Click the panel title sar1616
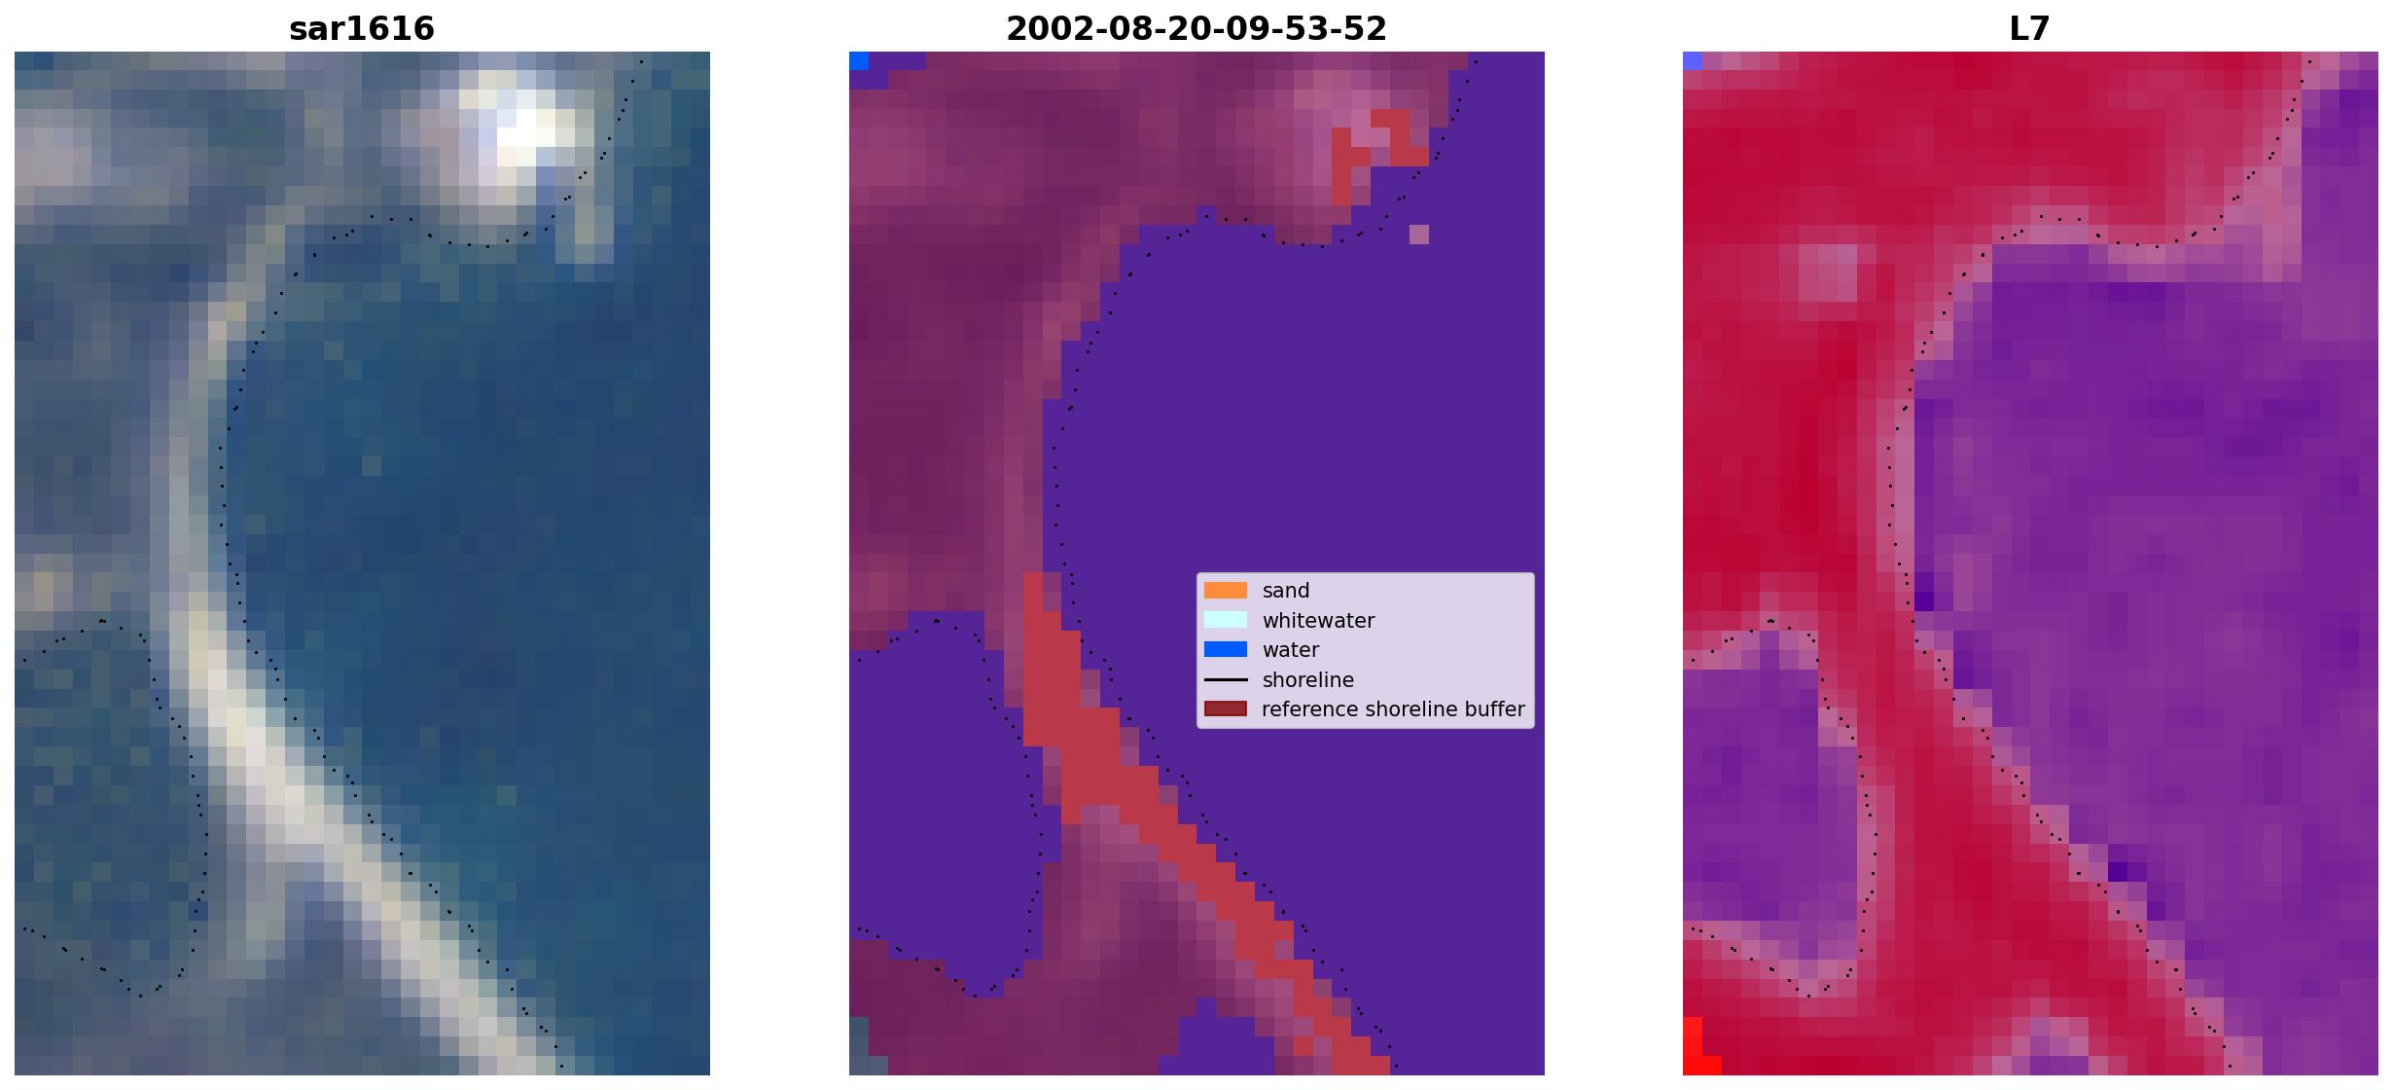[362, 28]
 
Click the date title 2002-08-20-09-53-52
[1196, 28]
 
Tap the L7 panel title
[2030, 28]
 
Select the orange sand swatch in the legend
[1226, 591]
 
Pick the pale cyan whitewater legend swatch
[1226, 620]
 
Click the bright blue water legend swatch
[1226, 649]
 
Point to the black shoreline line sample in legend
[1226, 679]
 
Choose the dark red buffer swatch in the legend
[1226, 708]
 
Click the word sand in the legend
[1286, 591]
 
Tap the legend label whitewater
[1318, 621]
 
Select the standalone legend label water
[1291, 650]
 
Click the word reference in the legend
[1304, 709]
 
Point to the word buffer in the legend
[1493, 709]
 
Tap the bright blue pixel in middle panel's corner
[859, 60]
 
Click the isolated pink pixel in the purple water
[1419, 235]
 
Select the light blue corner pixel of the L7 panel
[1693, 60]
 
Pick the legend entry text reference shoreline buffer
[1393, 709]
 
